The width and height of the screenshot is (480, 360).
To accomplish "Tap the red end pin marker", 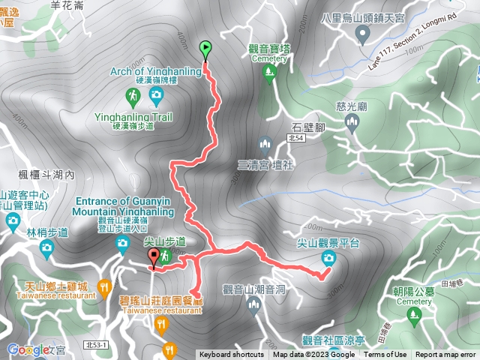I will coord(154,258).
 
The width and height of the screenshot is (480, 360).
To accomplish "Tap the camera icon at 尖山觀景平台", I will coord(328,259).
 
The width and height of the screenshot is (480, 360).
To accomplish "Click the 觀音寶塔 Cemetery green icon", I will coord(269,72).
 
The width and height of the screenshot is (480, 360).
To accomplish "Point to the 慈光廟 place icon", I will coord(353,121).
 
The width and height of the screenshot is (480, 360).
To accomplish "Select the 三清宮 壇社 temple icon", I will coord(264,143).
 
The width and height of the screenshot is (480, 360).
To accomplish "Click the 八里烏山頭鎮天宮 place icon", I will coord(364,32).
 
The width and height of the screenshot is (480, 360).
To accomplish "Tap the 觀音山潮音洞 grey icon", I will coord(253,303).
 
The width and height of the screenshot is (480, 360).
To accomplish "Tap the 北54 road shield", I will coord(295,138).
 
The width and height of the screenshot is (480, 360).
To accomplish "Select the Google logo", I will coord(28,349).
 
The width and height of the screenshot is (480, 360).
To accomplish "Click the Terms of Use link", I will coord(385,355).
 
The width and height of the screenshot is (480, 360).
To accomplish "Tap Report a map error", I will coord(445,355).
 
